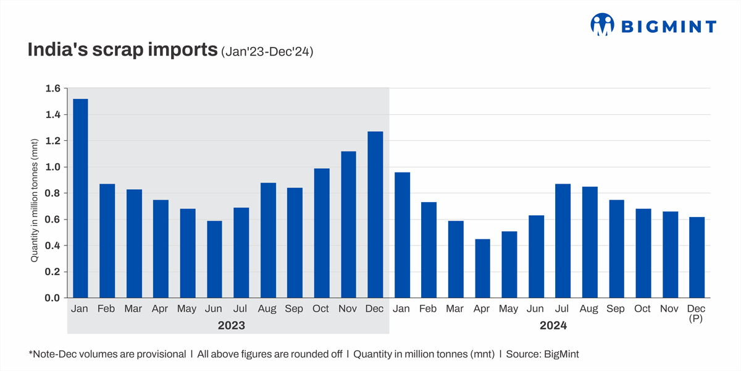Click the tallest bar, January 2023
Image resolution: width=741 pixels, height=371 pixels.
[80, 198]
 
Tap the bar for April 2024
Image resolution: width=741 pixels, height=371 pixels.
[482, 268]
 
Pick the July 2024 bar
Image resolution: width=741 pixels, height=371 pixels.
[563, 241]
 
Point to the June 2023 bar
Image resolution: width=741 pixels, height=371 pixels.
[214, 259]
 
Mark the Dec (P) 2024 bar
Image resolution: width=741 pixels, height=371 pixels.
[697, 257]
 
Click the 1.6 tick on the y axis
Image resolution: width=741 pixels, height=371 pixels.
[52, 88]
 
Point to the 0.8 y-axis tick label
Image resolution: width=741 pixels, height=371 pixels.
[52, 194]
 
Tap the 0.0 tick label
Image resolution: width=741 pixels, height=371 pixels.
[52, 298]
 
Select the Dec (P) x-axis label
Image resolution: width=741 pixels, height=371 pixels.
[697, 313]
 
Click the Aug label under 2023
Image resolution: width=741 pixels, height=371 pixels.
[268, 309]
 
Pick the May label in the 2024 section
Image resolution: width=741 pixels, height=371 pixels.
[509, 309]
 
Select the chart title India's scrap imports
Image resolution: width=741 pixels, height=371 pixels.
[122, 51]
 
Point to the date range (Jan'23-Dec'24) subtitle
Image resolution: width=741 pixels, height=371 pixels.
[267, 53]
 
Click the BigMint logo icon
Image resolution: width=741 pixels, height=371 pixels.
[601, 24]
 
